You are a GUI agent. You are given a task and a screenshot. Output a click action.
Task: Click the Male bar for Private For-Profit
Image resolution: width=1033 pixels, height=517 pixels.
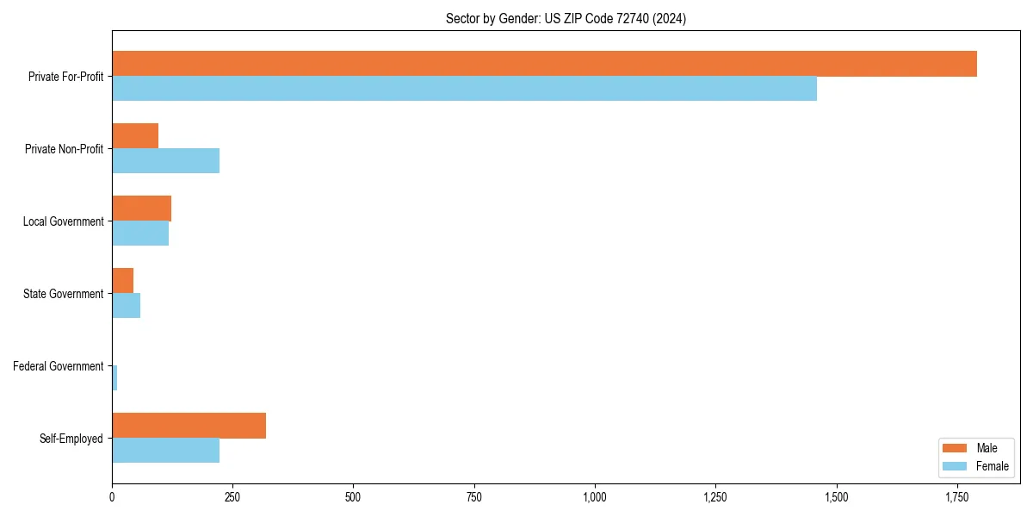(x=544, y=64)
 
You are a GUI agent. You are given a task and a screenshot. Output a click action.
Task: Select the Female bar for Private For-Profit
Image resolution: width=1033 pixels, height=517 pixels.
(x=464, y=89)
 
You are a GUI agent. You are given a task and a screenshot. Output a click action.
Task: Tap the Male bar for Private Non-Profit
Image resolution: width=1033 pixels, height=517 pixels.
(x=135, y=136)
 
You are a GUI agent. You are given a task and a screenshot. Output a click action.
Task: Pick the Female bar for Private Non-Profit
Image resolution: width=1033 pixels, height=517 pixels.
(x=165, y=161)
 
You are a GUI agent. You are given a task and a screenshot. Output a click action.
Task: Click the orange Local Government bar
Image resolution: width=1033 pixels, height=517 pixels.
(x=141, y=209)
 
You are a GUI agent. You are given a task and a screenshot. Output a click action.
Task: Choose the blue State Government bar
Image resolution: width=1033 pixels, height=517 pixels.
(x=126, y=306)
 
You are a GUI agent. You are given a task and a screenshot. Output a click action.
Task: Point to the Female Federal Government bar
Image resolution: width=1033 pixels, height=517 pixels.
(x=114, y=378)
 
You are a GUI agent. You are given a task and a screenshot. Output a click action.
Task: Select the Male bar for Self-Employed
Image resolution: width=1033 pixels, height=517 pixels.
(x=189, y=426)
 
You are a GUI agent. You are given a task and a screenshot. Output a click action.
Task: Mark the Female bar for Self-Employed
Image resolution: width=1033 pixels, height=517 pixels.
(x=165, y=451)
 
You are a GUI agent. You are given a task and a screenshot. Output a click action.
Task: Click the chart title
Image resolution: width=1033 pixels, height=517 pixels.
(x=566, y=18)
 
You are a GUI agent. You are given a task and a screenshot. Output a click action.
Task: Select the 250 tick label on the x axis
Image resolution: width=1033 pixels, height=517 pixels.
(x=232, y=497)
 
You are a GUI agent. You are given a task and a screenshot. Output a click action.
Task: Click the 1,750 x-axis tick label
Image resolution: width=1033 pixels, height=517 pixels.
(x=956, y=497)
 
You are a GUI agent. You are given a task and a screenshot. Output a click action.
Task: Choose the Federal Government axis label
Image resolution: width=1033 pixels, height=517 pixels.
(x=59, y=366)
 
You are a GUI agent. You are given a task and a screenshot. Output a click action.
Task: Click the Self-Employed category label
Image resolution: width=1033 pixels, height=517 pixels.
(x=71, y=439)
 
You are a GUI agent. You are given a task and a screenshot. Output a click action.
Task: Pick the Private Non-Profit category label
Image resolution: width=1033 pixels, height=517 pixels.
(x=64, y=149)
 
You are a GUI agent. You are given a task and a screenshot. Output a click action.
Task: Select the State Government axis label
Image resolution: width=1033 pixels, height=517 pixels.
(x=64, y=294)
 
